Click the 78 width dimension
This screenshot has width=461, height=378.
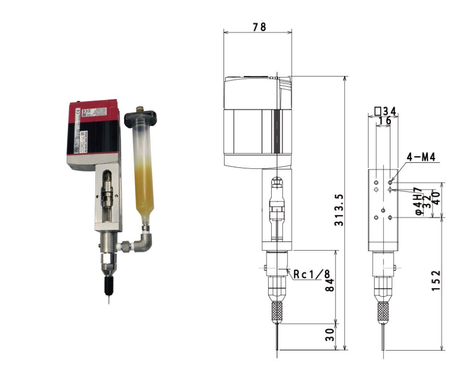[x=259, y=27]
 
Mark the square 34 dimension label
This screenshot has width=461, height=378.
[x=386, y=112]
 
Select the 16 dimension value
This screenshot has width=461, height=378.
[x=385, y=121]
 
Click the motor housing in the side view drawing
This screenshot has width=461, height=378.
[x=258, y=123]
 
